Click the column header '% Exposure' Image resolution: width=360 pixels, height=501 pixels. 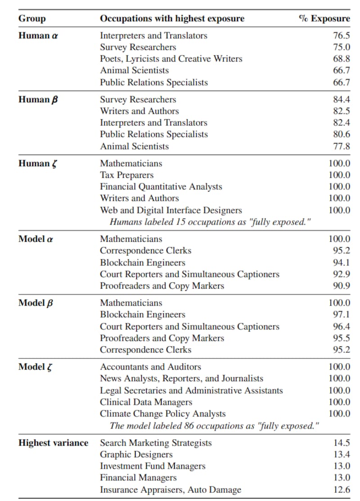pos(324,18)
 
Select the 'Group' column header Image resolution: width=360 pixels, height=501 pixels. pos(32,18)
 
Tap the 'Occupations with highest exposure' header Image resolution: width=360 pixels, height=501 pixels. pos(172,18)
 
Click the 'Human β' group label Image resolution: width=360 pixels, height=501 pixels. pos(39,99)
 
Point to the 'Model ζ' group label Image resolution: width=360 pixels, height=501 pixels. pos(37,367)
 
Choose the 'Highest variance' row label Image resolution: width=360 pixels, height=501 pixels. pos(53,443)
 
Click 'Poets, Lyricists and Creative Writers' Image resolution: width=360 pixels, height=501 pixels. pos(171,59)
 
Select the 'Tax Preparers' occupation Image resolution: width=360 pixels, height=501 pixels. pos(126,175)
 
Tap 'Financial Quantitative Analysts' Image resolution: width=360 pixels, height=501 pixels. pos(161,187)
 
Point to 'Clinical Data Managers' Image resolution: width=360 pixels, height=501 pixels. pos(146,402)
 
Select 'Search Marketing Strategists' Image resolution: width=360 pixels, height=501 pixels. pos(156,443)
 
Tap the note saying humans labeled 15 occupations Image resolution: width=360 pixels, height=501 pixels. pos(211,222)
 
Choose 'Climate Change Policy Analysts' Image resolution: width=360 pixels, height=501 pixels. pos(163,414)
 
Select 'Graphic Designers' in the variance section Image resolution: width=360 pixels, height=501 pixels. pos(136,455)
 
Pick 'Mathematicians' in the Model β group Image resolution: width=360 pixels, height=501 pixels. pos(131,303)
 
